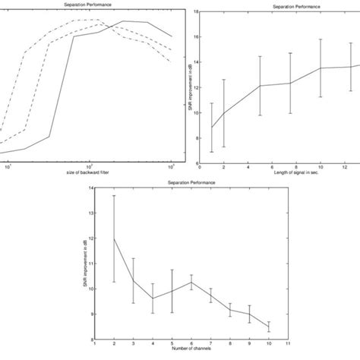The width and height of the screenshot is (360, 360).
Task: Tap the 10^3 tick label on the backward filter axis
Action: (x=171, y=168)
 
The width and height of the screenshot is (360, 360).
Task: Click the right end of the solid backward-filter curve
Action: (x=172, y=36)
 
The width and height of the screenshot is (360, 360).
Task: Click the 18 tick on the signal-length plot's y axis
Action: (x=196, y=11)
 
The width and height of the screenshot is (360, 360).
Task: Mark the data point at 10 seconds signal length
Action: (x=321, y=68)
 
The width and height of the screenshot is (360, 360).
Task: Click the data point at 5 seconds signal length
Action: (x=261, y=86)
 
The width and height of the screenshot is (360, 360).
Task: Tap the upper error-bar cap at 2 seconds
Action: (x=223, y=80)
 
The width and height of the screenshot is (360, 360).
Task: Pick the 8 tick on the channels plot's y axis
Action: (x=89, y=340)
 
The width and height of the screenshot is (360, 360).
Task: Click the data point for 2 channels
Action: (x=113, y=238)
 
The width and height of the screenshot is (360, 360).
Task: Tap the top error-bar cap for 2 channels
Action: (x=113, y=195)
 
